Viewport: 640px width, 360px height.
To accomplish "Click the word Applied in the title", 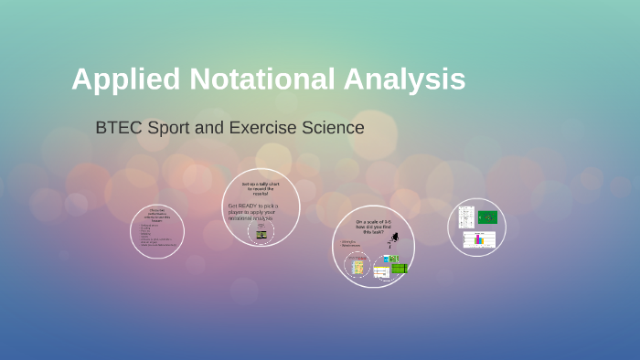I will (x=126, y=80).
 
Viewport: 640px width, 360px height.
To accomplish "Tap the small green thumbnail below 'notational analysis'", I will (x=261, y=234).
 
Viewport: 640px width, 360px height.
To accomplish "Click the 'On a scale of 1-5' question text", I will (x=373, y=227).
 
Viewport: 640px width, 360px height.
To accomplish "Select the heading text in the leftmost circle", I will (x=157, y=214).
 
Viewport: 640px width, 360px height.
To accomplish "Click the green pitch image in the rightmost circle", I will (x=488, y=217).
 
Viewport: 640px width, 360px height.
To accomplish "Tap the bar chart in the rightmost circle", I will (x=479, y=239).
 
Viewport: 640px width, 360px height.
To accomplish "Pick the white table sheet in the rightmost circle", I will (x=465, y=218).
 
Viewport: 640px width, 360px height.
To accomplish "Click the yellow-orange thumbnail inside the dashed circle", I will (x=357, y=267).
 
